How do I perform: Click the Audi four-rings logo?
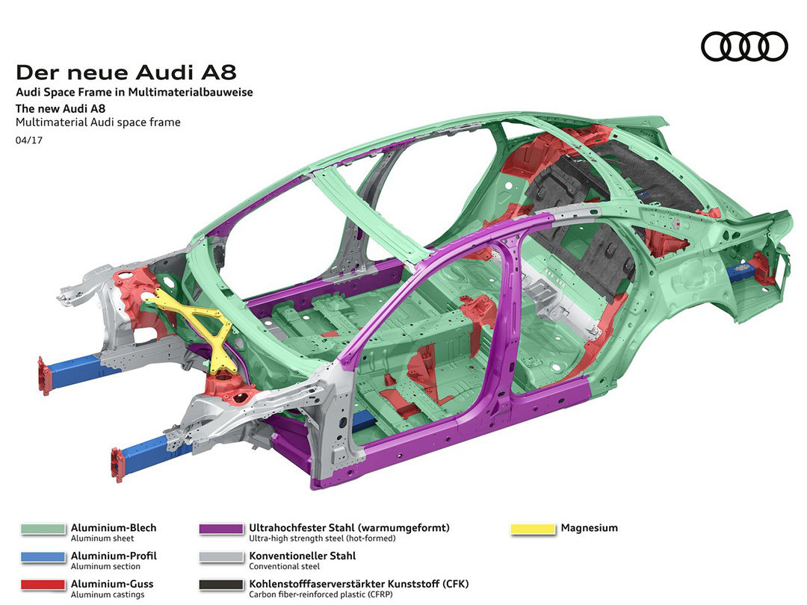(744, 46)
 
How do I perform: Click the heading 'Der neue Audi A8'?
(126, 72)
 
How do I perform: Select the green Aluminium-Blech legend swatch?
(43, 529)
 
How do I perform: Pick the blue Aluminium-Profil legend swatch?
(43, 556)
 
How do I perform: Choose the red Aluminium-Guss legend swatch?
(43, 584)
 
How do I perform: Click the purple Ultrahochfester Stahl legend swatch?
(221, 529)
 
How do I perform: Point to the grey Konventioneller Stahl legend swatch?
(221, 556)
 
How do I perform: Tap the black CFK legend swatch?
(221, 584)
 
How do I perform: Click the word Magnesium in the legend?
(590, 528)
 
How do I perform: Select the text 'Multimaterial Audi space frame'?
(98, 122)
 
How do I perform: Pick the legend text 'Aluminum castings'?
(108, 595)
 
